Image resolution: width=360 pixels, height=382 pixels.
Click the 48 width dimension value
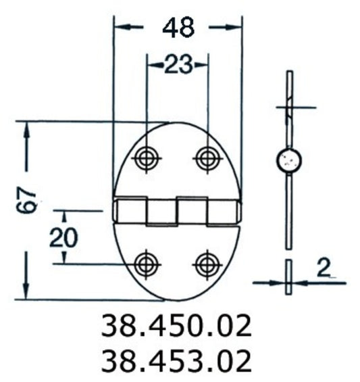178,27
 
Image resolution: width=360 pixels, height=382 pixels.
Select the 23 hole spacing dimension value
177,65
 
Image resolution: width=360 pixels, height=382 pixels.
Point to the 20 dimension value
63,238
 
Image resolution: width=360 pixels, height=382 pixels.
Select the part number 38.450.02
176,327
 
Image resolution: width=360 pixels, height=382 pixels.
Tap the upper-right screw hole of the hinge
206,159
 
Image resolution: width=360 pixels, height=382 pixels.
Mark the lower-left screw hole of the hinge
145,263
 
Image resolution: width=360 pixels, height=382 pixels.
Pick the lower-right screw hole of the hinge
206,263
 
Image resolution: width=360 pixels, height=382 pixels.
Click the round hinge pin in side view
289,161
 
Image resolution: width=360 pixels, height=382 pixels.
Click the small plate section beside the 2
289,277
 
